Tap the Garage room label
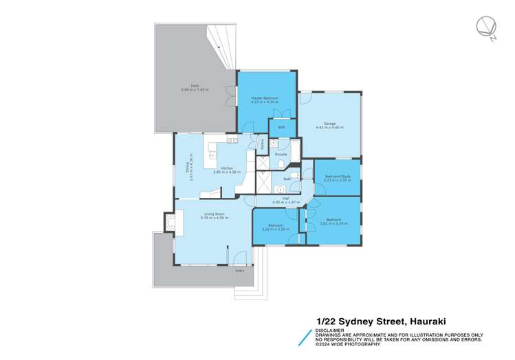330,124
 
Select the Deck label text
195,85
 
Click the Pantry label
262,144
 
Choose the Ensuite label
281,155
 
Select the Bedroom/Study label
337,177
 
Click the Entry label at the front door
239,271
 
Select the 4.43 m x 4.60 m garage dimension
330,128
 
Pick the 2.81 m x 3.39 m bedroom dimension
333,223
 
